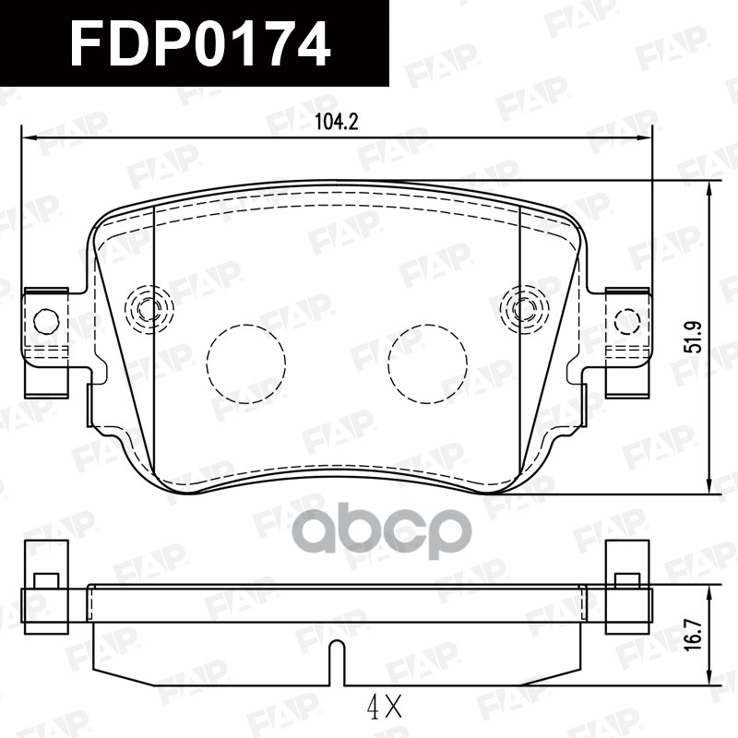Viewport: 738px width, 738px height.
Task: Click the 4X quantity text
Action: click(x=385, y=708)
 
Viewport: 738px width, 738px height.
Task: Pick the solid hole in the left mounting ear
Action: click(x=46, y=321)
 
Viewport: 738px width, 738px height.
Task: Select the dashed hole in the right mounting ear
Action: click(x=627, y=322)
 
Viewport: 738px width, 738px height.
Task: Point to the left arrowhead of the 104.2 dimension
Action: click(x=28, y=138)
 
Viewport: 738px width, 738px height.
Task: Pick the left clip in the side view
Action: click(x=45, y=588)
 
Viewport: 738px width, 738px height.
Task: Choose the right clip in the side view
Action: click(x=627, y=588)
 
